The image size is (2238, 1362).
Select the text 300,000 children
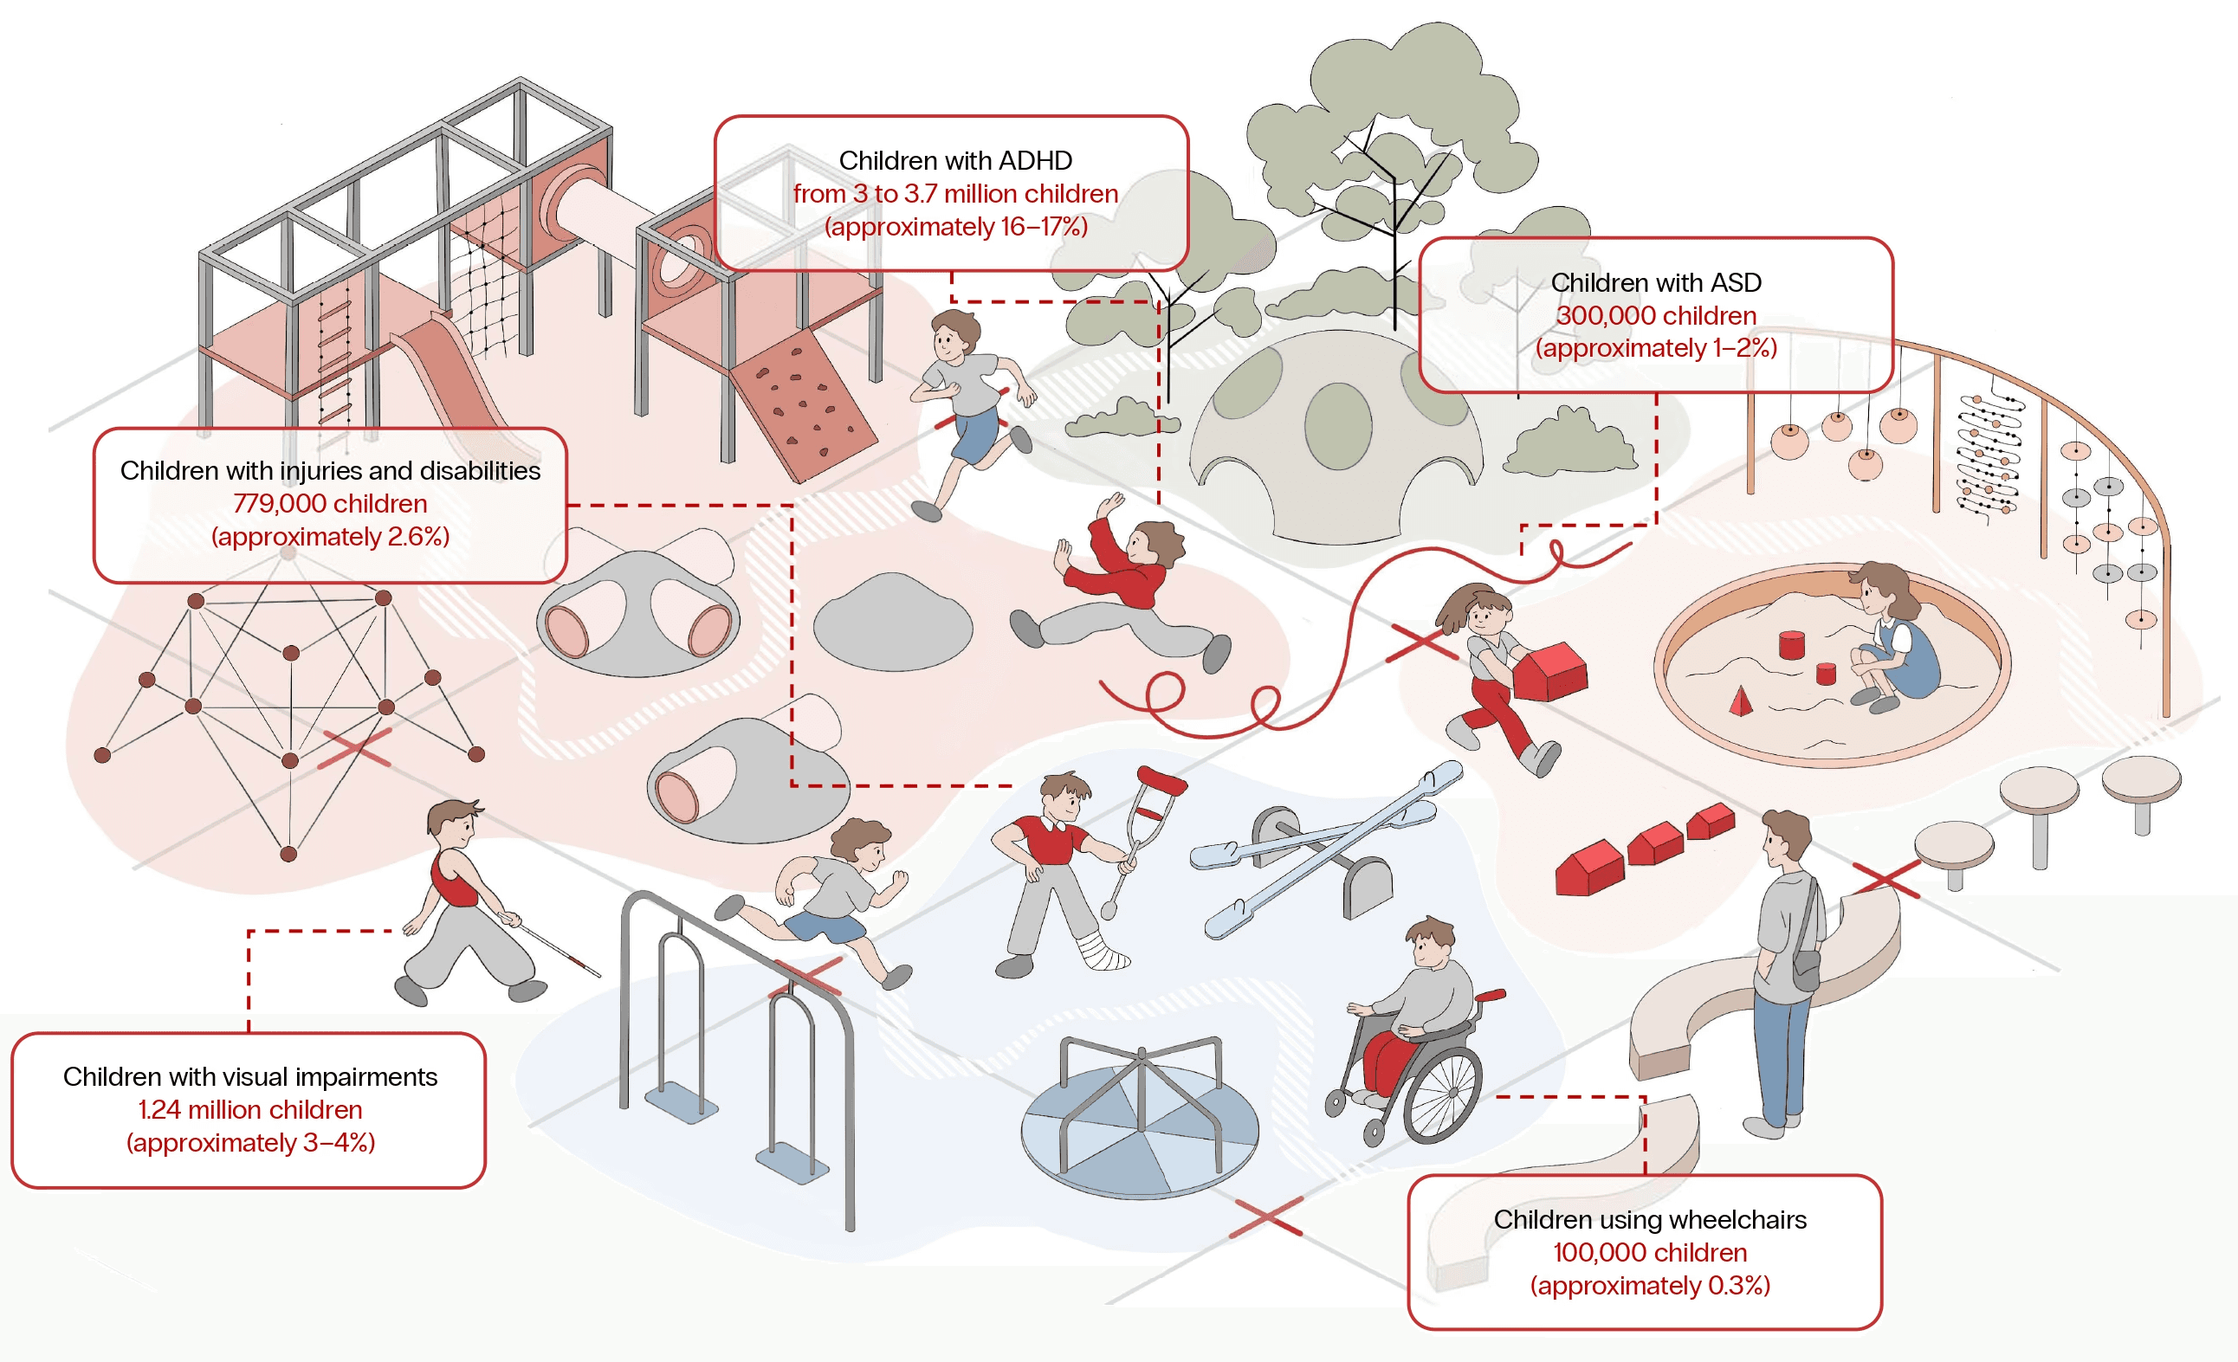point(1656,315)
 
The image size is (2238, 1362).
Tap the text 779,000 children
point(330,503)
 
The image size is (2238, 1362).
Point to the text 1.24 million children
point(249,1108)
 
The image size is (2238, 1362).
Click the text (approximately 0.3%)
point(1649,1285)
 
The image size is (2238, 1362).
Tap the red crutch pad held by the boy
point(1161,779)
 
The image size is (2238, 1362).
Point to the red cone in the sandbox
point(1740,702)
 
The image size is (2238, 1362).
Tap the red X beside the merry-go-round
point(1265,1218)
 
